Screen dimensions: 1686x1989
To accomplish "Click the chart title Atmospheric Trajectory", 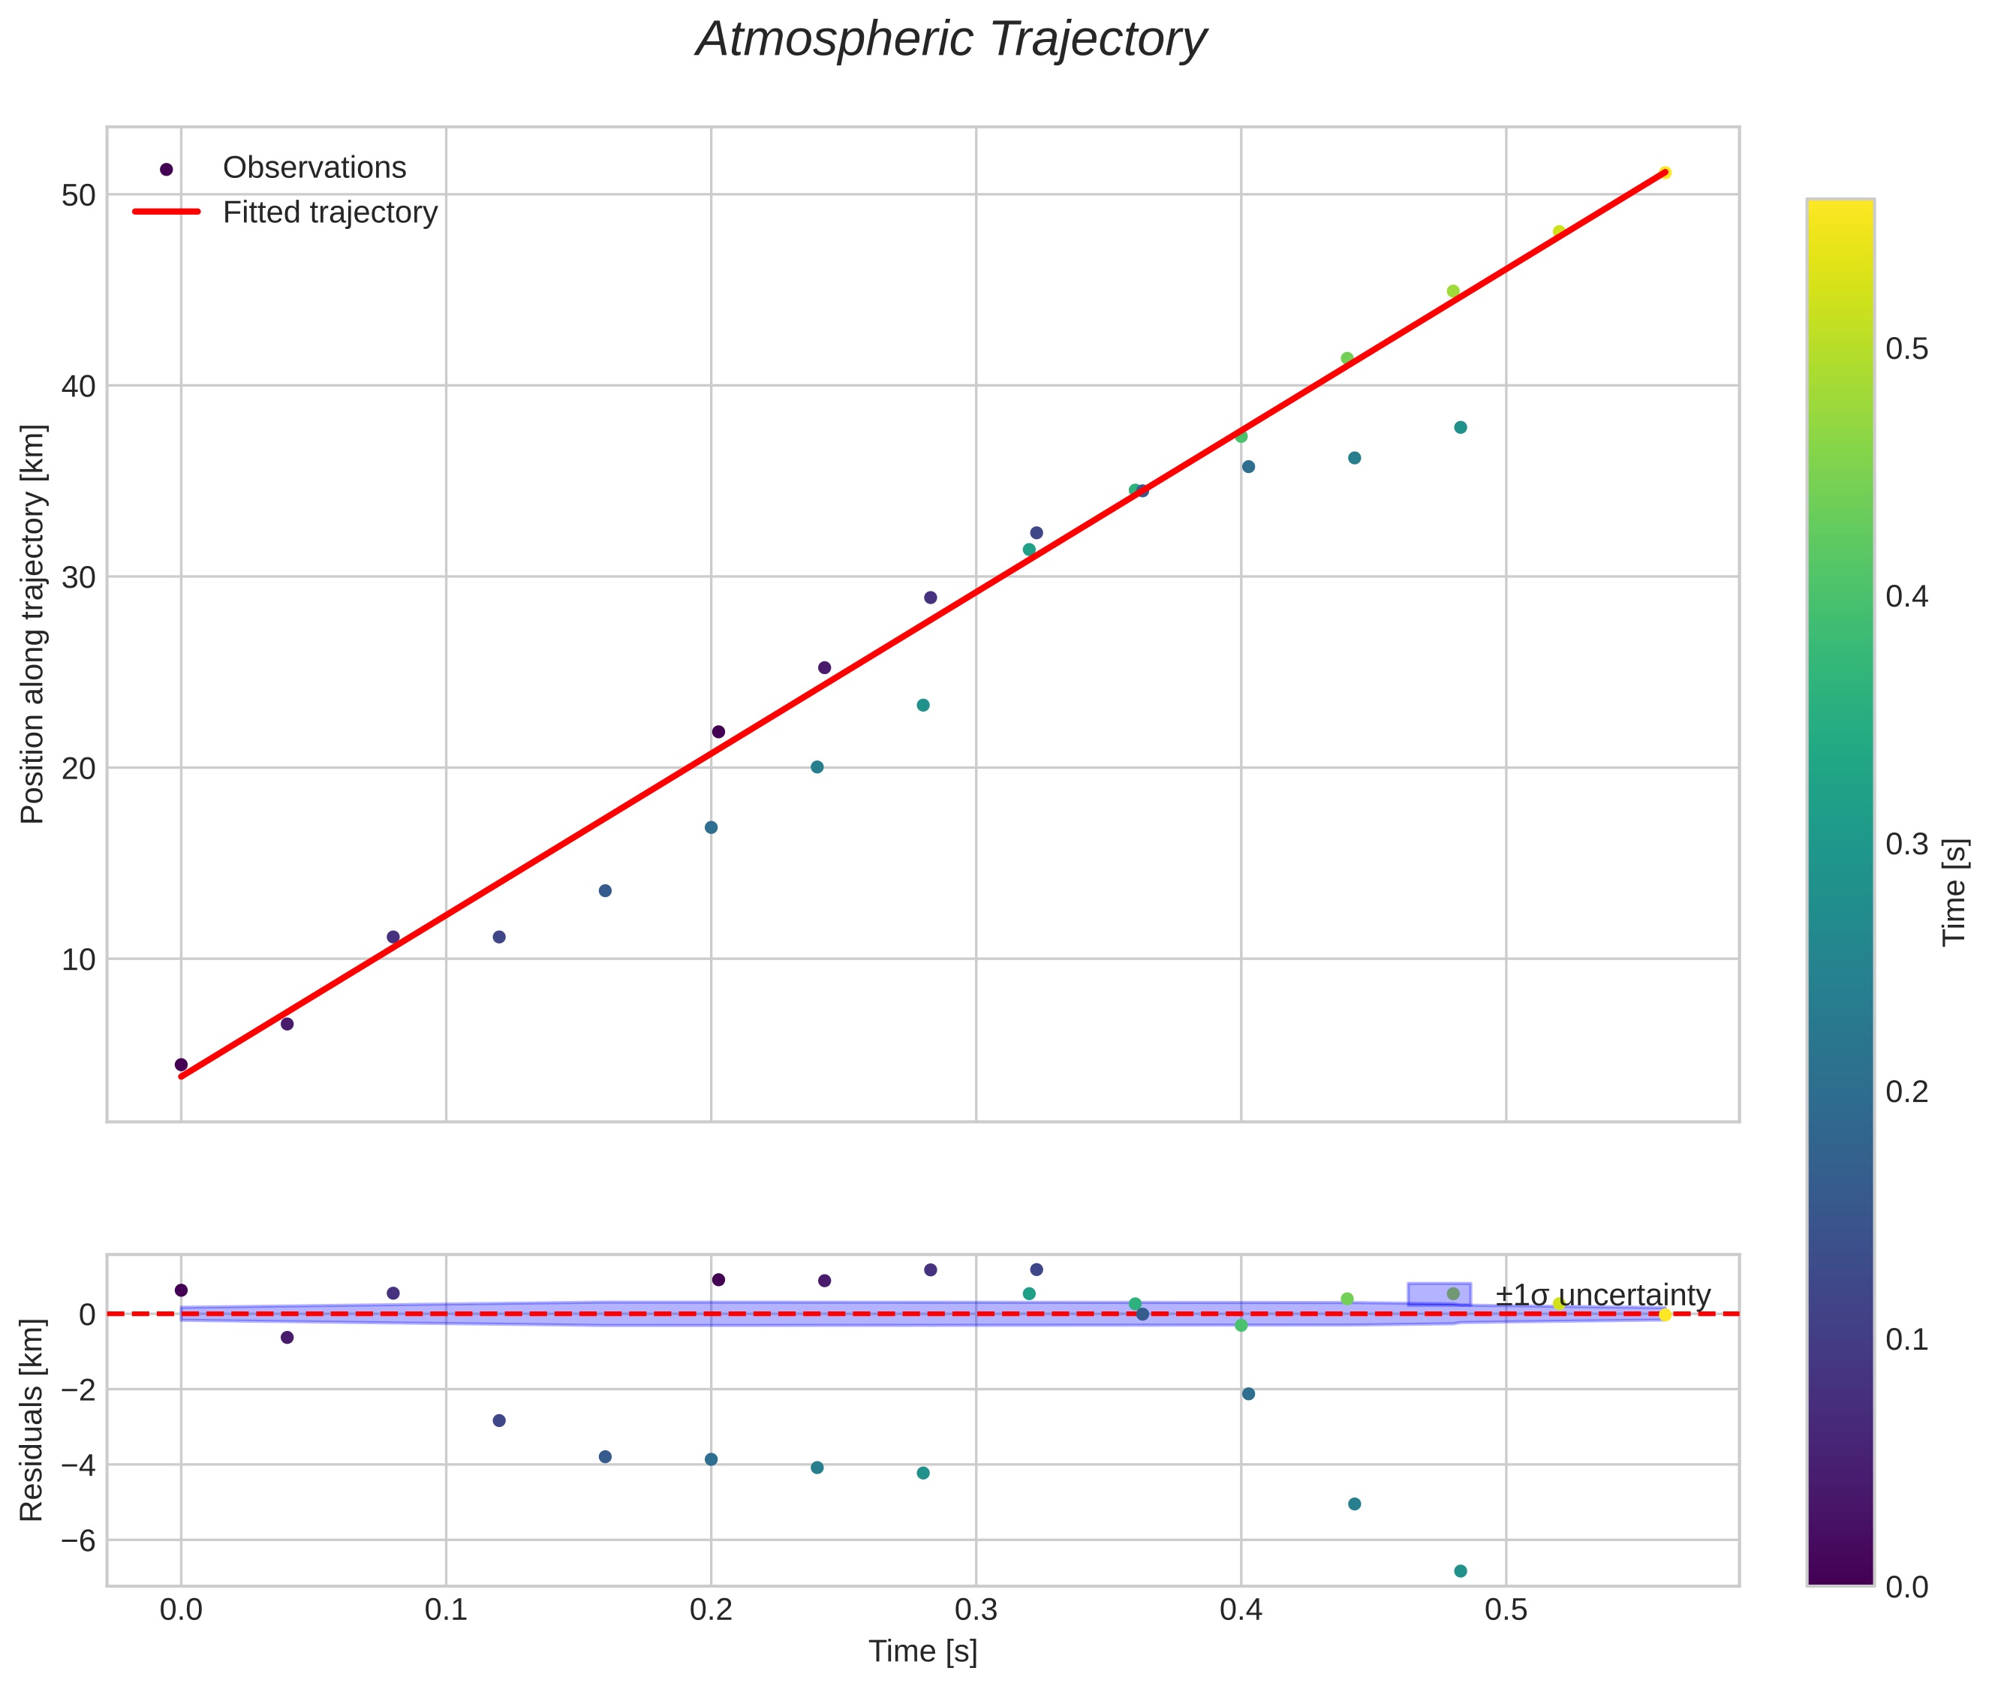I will point(951,40).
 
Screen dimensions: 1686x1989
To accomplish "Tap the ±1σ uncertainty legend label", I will point(1602,1296).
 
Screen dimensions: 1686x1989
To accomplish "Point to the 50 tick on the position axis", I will point(78,195).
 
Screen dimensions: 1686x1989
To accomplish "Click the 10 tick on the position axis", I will point(78,959).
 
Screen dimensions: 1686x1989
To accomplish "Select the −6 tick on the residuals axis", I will point(74,1540).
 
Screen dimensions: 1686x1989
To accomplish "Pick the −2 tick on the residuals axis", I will point(74,1389).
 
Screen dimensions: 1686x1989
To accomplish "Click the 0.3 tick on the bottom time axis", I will point(976,1612).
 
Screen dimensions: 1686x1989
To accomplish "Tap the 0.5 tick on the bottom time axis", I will point(1506,1612).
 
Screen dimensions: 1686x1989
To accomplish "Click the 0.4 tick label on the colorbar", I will point(1906,598).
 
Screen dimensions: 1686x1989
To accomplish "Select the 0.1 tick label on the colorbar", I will point(1906,1340).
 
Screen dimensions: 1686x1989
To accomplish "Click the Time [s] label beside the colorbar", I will point(1954,892).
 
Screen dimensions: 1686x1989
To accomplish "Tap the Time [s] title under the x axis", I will point(922,1652).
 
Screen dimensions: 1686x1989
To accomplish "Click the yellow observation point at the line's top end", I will point(1665,173).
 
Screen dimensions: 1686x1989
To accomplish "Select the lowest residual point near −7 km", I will point(1461,1571).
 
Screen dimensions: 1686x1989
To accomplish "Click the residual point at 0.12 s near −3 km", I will point(499,1421).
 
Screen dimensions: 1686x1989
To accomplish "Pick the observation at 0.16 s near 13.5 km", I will point(605,891).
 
